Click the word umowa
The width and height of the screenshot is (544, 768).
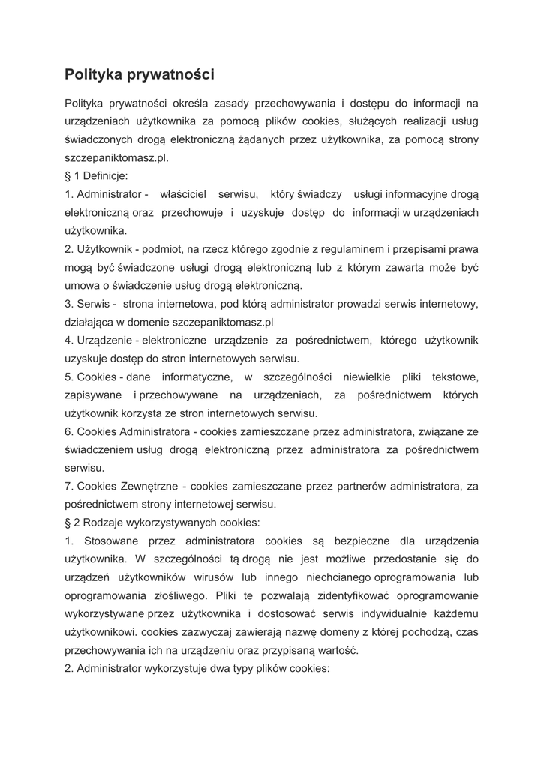(x=81, y=285)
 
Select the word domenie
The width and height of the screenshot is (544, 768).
(x=151, y=322)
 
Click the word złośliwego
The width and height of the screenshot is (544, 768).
(x=167, y=595)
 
